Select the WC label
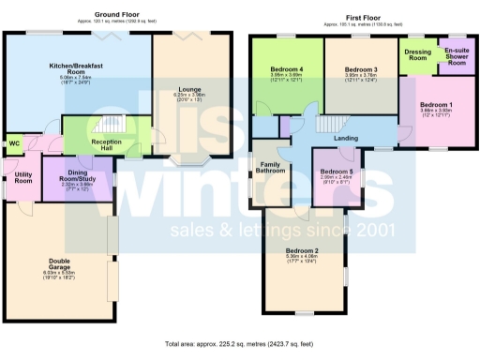14,143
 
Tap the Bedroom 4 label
287,70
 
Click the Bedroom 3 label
360,70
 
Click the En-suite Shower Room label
457,55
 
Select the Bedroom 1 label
435,104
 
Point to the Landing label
347,139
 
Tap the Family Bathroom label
272,168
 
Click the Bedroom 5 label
337,172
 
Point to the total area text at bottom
238,344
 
